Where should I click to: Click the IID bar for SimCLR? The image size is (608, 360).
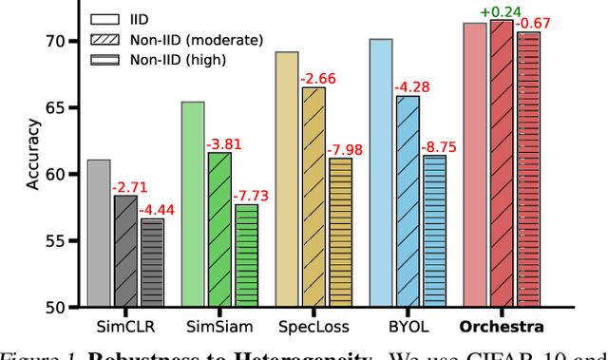click(x=98, y=233)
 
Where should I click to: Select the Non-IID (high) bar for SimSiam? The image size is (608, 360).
click(x=246, y=256)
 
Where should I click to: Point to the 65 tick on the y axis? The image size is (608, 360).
click(x=56, y=107)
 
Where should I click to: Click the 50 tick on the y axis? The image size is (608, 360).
click(x=56, y=308)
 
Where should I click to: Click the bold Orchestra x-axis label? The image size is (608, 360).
click(x=502, y=328)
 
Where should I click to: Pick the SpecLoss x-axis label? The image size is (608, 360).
click(x=313, y=328)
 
